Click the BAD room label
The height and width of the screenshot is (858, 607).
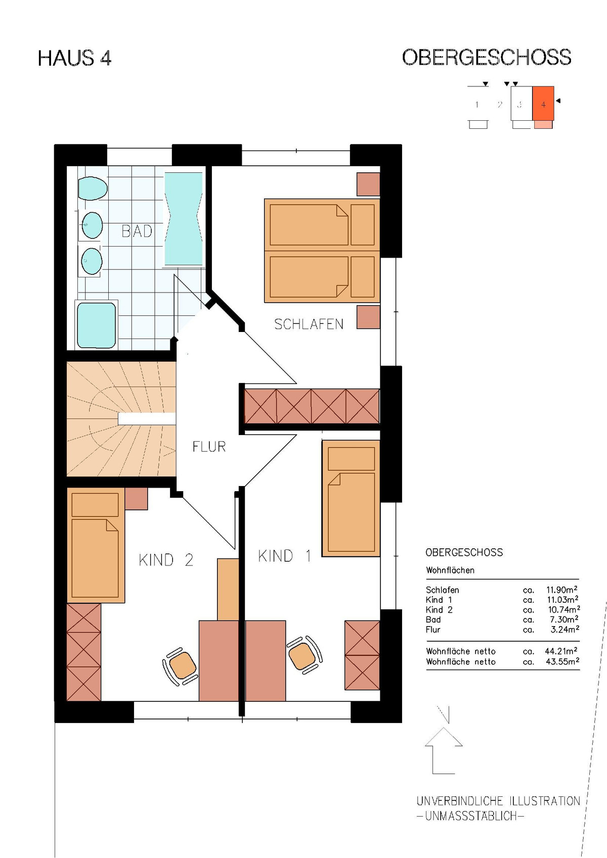tap(137, 231)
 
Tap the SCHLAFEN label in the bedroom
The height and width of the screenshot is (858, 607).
tap(309, 324)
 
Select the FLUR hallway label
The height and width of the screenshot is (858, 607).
tap(209, 447)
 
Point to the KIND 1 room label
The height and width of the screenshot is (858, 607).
tap(284, 556)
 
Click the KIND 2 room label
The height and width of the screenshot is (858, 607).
tap(165, 560)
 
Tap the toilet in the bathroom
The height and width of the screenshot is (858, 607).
tap(93, 188)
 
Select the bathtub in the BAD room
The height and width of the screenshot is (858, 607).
tap(183, 219)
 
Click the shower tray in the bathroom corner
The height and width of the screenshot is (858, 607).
tap(96, 325)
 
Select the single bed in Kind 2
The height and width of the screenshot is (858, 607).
tap(96, 545)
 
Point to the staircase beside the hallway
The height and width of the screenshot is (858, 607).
tap(121, 419)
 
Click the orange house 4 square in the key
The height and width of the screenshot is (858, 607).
tap(543, 104)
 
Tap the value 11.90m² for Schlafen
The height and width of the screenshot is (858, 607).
tap(562, 590)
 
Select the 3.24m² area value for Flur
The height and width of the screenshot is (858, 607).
tap(565, 629)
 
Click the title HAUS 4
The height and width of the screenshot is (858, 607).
tap(75, 59)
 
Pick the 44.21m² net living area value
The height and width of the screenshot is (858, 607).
tap(561, 651)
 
